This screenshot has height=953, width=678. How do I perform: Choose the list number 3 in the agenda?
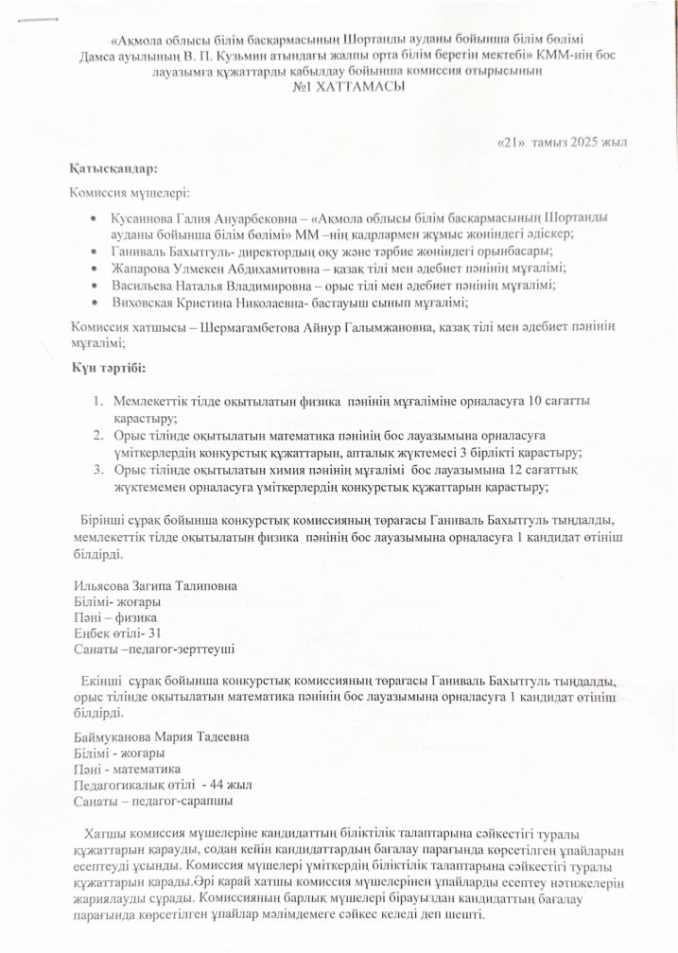pyautogui.click(x=97, y=470)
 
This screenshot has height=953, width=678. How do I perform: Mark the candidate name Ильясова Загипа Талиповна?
pyautogui.click(x=154, y=585)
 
